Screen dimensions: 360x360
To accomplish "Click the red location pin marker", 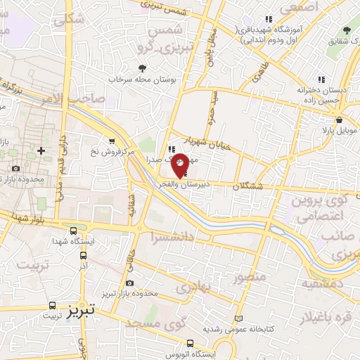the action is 180,165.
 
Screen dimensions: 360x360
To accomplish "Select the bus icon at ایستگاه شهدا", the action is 74,231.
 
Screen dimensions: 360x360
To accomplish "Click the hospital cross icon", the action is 41,150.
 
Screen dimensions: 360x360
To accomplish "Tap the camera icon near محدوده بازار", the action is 15,169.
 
